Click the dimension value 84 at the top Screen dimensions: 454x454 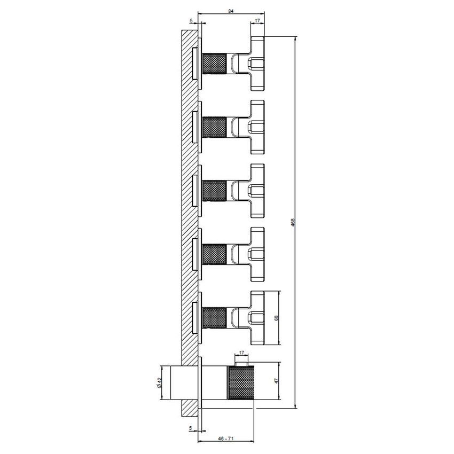point(231,11)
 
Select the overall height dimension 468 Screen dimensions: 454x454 point(293,222)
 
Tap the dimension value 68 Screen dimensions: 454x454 point(276,318)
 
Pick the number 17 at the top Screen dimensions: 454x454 point(258,21)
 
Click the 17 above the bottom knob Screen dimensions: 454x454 point(242,353)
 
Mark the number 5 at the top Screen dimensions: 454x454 point(191,21)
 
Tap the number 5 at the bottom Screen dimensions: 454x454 point(191,428)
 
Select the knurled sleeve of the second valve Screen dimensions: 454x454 point(215,127)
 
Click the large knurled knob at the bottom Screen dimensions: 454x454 point(242,382)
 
